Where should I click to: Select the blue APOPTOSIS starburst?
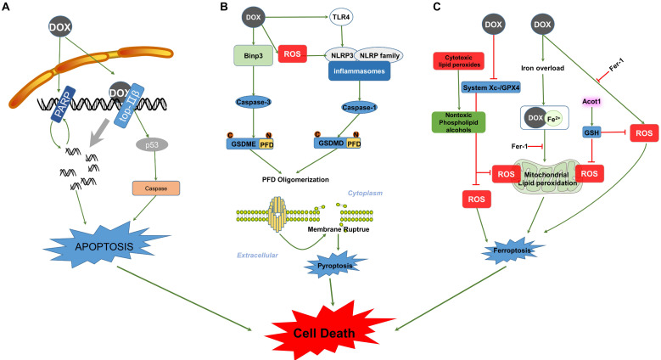(105, 246)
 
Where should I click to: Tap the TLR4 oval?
(341, 17)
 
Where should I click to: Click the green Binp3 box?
(254, 56)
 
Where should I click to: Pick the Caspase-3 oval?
(253, 102)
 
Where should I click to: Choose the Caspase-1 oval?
(359, 108)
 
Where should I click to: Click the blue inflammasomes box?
(359, 71)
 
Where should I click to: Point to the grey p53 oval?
(152, 145)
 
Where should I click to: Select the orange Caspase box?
(156, 188)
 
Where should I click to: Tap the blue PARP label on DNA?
(63, 104)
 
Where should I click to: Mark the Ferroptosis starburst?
(512, 250)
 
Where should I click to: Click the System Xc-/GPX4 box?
(491, 87)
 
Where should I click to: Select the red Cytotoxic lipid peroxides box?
(458, 61)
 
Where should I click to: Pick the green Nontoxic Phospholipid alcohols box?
(459, 122)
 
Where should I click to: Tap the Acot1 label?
(591, 101)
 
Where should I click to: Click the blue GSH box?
(591, 132)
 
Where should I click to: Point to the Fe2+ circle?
(553, 119)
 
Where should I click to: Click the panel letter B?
(224, 6)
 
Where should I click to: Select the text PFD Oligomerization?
(295, 179)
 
